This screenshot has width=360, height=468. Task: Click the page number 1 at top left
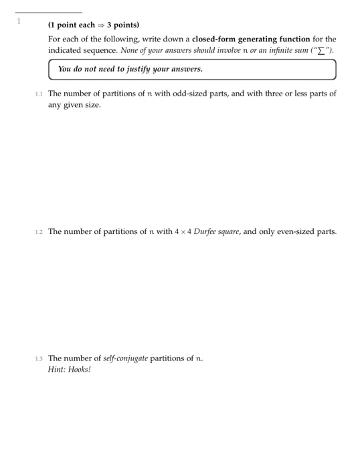(x=19, y=21)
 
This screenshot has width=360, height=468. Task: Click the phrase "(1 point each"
(x=72, y=25)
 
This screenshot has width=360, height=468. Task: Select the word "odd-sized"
(x=169, y=94)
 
